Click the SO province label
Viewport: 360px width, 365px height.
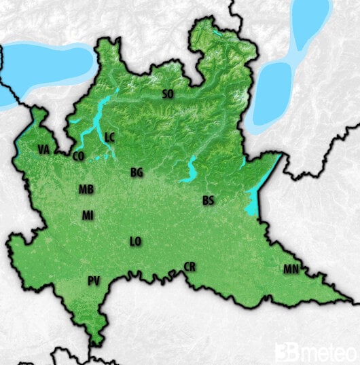[168, 94]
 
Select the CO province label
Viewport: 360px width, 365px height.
[78, 156]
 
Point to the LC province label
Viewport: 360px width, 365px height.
[110, 138]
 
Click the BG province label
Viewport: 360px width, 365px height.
[137, 172]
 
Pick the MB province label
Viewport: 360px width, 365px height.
[86, 189]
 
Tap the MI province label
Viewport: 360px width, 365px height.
[88, 215]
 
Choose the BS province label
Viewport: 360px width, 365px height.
[209, 201]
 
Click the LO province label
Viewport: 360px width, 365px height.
[136, 241]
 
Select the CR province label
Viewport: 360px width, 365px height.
[190, 267]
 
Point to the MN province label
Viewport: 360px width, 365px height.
[291, 269]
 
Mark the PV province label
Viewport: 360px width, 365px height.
[94, 280]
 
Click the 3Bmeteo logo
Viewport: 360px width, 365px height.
[315, 352]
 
